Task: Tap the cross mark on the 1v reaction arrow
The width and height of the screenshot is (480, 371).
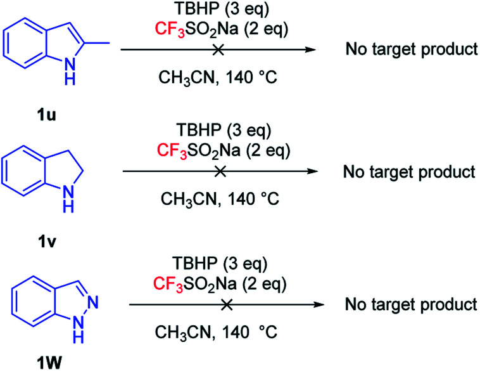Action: [220, 170]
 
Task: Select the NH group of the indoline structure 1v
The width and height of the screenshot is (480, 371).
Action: [72, 200]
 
